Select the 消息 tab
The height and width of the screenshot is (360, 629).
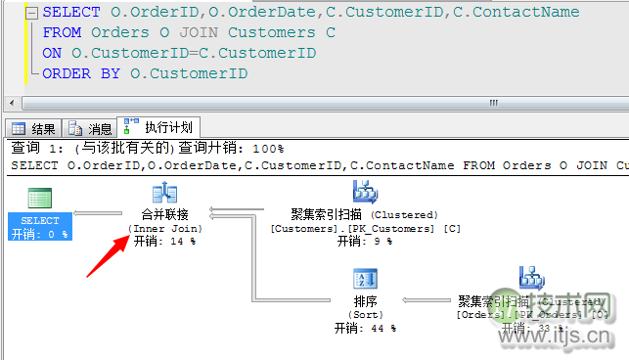(x=91, y=128)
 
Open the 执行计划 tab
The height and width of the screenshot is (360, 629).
(x=159, y=127)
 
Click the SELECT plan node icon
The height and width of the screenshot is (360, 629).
(x=40, y=199)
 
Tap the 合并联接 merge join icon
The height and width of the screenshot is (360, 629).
(x=163, y=194)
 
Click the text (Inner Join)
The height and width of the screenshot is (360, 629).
(x=163, y=227)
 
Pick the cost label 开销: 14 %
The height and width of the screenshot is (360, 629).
(x=163, y=240)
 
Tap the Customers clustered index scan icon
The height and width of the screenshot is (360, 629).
(x=365, y=193)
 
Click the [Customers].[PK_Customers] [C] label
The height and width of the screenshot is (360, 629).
(x=365, y=228)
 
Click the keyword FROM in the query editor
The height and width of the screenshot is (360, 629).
(x=62, y=32)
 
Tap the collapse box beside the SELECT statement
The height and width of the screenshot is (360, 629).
(x=30, y=13)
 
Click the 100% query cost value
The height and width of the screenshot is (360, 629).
(x=268, y=149)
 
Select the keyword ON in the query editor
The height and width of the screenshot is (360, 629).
(x=52, y=53)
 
